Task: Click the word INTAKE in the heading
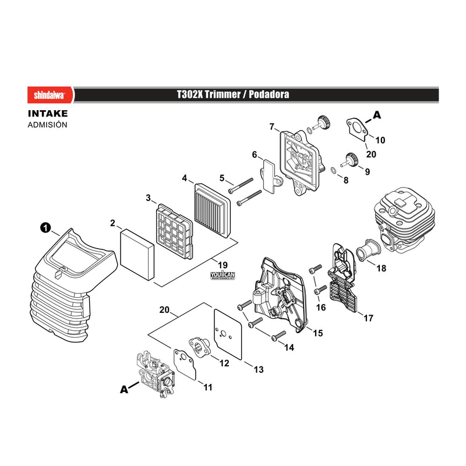click(x=48, y=114)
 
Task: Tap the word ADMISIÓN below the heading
click(x=48, y=125)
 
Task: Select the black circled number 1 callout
click(x=45, y=228)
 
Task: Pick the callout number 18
click(x=382, y=268)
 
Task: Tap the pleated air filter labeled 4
click(x=213, y=211)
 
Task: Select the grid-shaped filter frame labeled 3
click(x=174, y=231)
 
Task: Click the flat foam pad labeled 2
click(x=137, y=255)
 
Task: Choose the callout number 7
click(x=271, y=127)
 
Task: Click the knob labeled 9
click(x=351, y=159)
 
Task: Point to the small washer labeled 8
click(x=333, y=170)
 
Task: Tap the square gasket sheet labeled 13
click(x=228, y=334)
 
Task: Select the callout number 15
click(x=317, y=333)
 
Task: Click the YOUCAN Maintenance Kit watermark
click(x=223, y=276)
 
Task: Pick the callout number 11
click(x=208, y=387)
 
